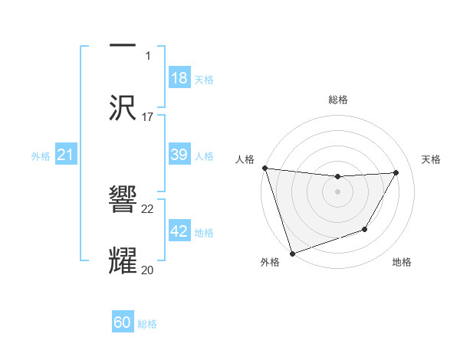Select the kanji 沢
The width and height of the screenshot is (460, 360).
coord(123,106)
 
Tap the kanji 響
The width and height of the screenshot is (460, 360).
coord(123,198)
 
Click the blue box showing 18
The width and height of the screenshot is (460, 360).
coord(179,78)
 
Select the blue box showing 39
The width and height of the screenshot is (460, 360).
coord(179,155)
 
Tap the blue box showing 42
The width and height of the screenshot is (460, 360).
coord(179,232)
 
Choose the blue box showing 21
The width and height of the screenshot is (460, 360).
coord(65,155)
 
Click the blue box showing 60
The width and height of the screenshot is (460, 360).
coord(123,323)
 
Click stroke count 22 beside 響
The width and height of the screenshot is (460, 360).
coord(148,208)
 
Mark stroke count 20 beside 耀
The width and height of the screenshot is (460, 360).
coord(148,270)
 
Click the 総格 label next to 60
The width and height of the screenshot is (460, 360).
coord(147,324)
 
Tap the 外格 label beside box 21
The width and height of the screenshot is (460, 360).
coord(41,156)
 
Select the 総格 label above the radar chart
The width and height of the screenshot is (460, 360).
coord(337,100)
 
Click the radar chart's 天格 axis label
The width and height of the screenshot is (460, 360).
coord(431,159)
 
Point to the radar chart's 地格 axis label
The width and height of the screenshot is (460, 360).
coord(402,263)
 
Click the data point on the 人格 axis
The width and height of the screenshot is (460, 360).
coord(264,168)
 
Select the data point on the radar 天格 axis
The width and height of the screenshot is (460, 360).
coord(396,172)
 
